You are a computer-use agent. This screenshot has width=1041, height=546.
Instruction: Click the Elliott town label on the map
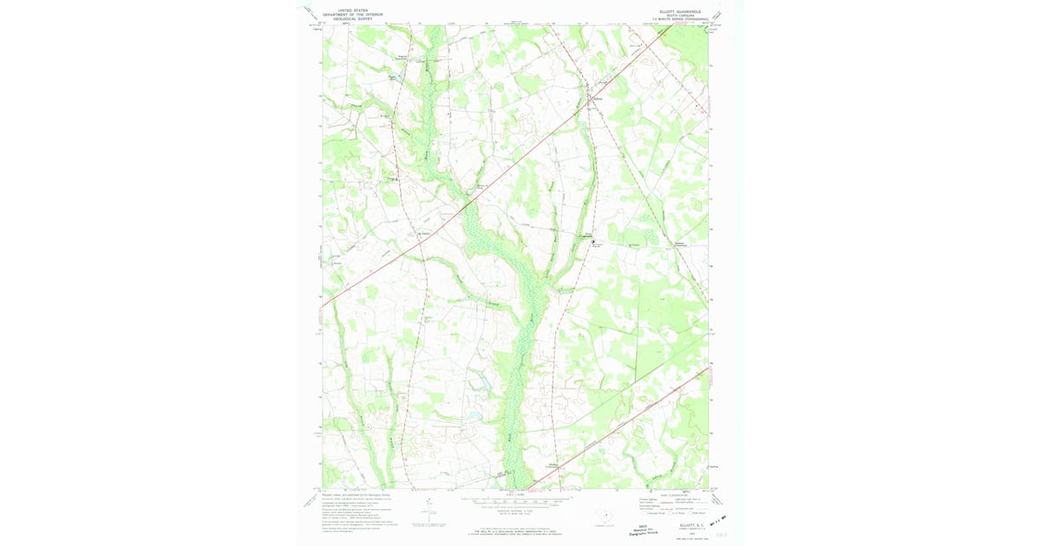596,99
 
